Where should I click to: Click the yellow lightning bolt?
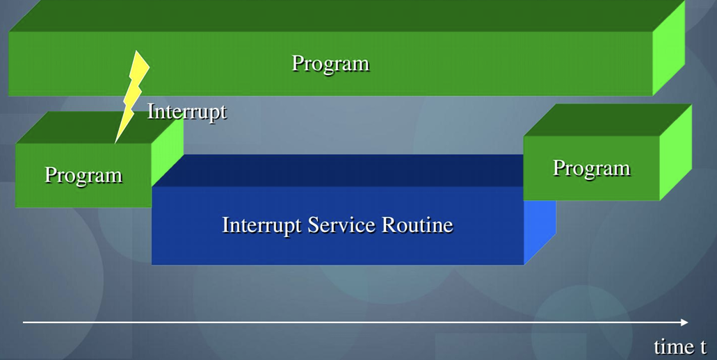(132, 97)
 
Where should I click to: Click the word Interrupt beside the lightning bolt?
(187, 112)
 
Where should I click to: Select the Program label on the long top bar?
(330, 64)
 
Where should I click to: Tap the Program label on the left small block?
(83, 175)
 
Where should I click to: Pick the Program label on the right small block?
(592, 169)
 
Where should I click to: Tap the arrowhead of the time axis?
(684, 322)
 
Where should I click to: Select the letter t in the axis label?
(703, 347)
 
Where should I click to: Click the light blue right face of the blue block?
(540, 229)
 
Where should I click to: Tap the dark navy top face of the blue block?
(339, 170)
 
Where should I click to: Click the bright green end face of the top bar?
(668, 48)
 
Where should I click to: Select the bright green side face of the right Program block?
(675, 152)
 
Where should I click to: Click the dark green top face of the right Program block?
(607, 120)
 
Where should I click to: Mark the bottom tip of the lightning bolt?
(115, 143)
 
